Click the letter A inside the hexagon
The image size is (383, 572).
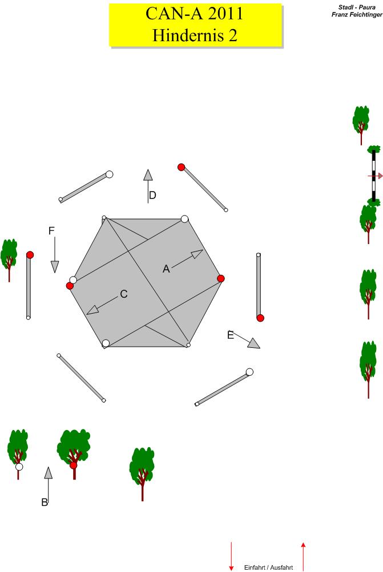click(166, 269)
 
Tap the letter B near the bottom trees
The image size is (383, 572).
click(45, 502)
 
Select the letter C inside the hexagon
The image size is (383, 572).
click(124, 294)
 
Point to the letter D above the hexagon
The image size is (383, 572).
click(152, 195)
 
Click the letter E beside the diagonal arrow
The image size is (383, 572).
click(231, 335)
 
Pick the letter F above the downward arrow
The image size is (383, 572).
click(51, 230)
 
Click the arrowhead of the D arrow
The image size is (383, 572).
click(148, 175)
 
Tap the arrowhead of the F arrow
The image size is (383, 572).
click(55, 267)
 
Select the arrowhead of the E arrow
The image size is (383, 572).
click(254, 343)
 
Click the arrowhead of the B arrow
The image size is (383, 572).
click(48, 472)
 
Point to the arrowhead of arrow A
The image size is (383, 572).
click(197, 254)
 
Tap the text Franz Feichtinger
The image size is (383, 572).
click(357, 15)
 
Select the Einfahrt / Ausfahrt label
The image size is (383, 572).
click(268, 567)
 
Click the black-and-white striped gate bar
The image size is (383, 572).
click(373, 176)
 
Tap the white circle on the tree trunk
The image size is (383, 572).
click(19, 466)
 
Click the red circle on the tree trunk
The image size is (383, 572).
click(74, 465)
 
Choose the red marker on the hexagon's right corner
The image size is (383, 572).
click(220, 279)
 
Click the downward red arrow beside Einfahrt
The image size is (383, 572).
click(231, 556)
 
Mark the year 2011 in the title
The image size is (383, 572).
click(224, 14)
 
